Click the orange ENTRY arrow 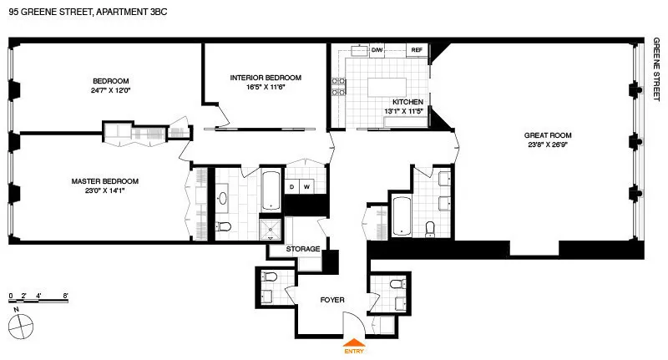(x=354, y=342)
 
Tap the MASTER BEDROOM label (x=104, y=180)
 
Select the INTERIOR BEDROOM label (x=266, y=78)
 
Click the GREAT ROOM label (x=548, y=134)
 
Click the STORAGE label (x=302, y=249)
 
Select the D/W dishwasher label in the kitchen (x=377, y=51)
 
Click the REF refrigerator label (x=417, y=51)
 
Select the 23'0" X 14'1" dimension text (x=104, y=190)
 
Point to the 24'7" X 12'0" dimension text (x=111, y=90)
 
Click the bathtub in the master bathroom (x=272, y=191)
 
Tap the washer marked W (x=307, y=186)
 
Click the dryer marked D (x=292, y=186)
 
